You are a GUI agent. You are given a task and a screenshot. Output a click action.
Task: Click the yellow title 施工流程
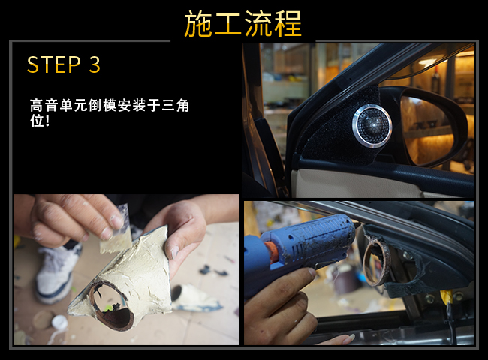coord(242,24)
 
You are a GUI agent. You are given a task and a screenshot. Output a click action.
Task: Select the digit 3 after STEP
coord(95,64)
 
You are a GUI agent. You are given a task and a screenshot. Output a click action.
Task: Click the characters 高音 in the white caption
coord(44,106)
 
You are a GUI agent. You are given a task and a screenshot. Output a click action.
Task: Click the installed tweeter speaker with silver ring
coord(372,125)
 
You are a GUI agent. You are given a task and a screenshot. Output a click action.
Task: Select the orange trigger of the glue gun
coord(271,252)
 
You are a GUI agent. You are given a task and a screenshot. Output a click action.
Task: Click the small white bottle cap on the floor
coord(59,322)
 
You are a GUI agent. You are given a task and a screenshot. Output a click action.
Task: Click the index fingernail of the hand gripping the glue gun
coord(312,273)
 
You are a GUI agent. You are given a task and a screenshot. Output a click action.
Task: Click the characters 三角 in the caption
coord(175,106)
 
